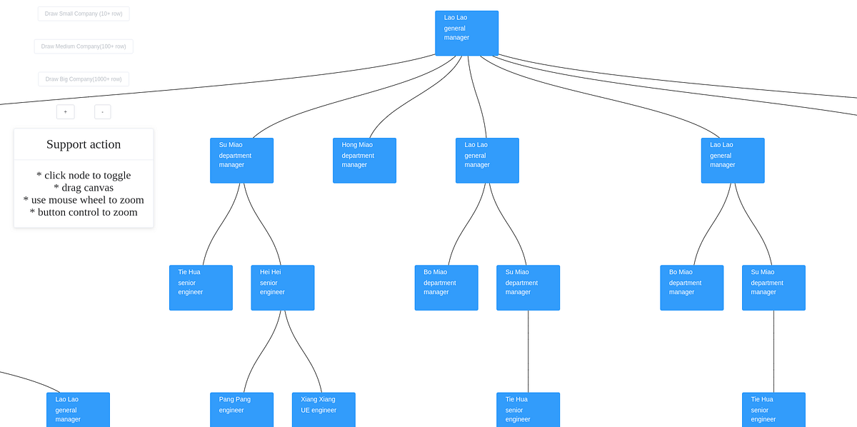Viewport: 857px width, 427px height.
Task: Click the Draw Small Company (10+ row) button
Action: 84,14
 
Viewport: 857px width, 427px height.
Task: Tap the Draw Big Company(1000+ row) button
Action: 84,79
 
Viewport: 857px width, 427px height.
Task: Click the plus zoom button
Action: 65,112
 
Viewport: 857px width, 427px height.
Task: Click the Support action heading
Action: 84,144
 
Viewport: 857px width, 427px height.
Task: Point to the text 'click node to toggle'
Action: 84,176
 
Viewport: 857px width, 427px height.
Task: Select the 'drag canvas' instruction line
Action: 84,188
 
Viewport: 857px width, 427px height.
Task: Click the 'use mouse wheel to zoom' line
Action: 84,200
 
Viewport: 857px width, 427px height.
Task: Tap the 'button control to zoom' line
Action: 84,212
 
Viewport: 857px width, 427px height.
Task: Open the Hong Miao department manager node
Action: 364,161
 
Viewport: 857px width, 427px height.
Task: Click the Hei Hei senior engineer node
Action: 282,288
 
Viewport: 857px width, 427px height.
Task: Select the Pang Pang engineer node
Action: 241,409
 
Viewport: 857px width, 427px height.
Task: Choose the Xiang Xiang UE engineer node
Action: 324,409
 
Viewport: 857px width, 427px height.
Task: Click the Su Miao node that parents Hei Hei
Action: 241,161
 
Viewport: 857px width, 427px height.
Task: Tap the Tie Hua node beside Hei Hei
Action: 201,288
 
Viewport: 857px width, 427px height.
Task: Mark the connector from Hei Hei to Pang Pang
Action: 262,351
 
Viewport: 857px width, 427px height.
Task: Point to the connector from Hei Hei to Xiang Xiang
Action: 303,351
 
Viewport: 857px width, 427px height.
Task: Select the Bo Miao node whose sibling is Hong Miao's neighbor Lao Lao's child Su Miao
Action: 446,288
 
